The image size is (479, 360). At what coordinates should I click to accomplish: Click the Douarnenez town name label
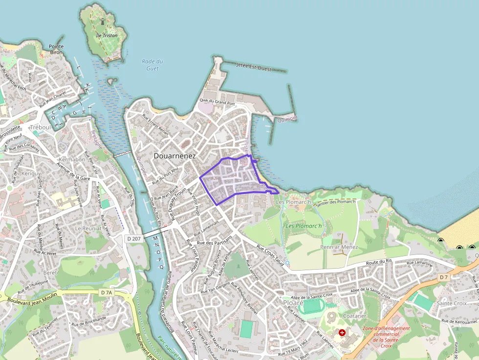coord(174,156)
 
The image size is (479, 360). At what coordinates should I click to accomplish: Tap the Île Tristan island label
coord(106,35)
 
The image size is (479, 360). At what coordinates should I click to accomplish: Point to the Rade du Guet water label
coord(152,64)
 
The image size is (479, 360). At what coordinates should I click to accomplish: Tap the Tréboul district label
coord(40,127)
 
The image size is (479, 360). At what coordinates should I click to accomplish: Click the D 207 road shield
coord(133,239)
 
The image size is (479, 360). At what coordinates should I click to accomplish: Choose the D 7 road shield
coord(443,277)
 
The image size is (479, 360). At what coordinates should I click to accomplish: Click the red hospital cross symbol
coord(342,332)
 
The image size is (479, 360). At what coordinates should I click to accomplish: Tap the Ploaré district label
coord(293,303)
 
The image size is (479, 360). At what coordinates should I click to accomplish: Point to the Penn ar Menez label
coord(339,247)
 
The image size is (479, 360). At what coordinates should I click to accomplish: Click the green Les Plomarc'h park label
coord(304,226)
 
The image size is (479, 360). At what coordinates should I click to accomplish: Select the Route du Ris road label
coord(379,264)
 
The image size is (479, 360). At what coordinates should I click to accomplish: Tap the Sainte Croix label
coord(452,303)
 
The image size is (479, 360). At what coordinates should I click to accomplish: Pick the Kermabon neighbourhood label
coord(72,160)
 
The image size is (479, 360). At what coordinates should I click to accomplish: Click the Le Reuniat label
coord(88,228)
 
